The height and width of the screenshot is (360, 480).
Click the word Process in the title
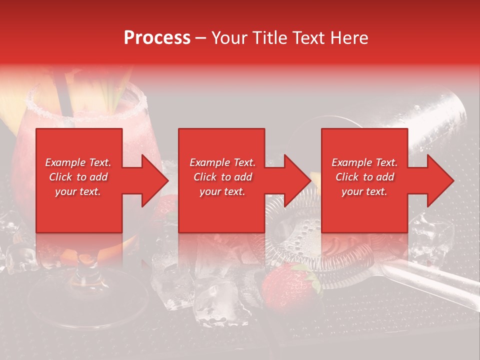click(157, 38)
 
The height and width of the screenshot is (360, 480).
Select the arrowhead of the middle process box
click(296, 180)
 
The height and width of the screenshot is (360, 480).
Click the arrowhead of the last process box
click(439, 180)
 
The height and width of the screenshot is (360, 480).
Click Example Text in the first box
click(78, 162)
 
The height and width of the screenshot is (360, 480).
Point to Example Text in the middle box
click(222, 162)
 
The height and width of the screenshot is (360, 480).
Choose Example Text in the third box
click(364, 162)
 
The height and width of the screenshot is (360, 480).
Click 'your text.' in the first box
click(78, 191)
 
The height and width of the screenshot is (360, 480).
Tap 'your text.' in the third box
click(364, 191)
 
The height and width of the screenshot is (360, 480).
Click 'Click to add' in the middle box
click(222, 177)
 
